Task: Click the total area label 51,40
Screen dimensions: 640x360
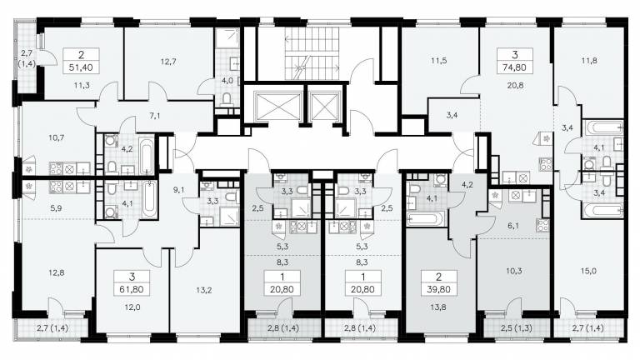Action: point(81,67)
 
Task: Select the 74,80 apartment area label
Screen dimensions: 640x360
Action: point(515,67)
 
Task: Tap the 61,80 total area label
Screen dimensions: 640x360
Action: point(132,290)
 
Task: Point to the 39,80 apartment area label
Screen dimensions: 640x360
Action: point(439,290)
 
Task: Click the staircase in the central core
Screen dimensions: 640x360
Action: point(312,53)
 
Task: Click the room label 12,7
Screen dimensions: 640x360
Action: point(168,62)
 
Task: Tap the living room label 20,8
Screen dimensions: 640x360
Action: point(516,85)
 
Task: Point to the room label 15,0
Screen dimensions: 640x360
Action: point(588,271)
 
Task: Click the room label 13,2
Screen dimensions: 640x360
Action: point(203,290)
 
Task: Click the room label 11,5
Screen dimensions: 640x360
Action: point(439,61)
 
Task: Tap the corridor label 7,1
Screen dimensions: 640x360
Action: point(155,116)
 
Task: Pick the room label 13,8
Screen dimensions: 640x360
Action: point(438,307)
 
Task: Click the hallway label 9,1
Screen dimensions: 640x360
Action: point(178,189)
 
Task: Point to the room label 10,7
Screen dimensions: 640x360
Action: point(57,137)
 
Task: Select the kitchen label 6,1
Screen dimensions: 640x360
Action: point(513,225)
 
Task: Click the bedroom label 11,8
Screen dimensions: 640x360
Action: point(589,61)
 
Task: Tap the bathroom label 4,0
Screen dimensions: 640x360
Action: point(227,81)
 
